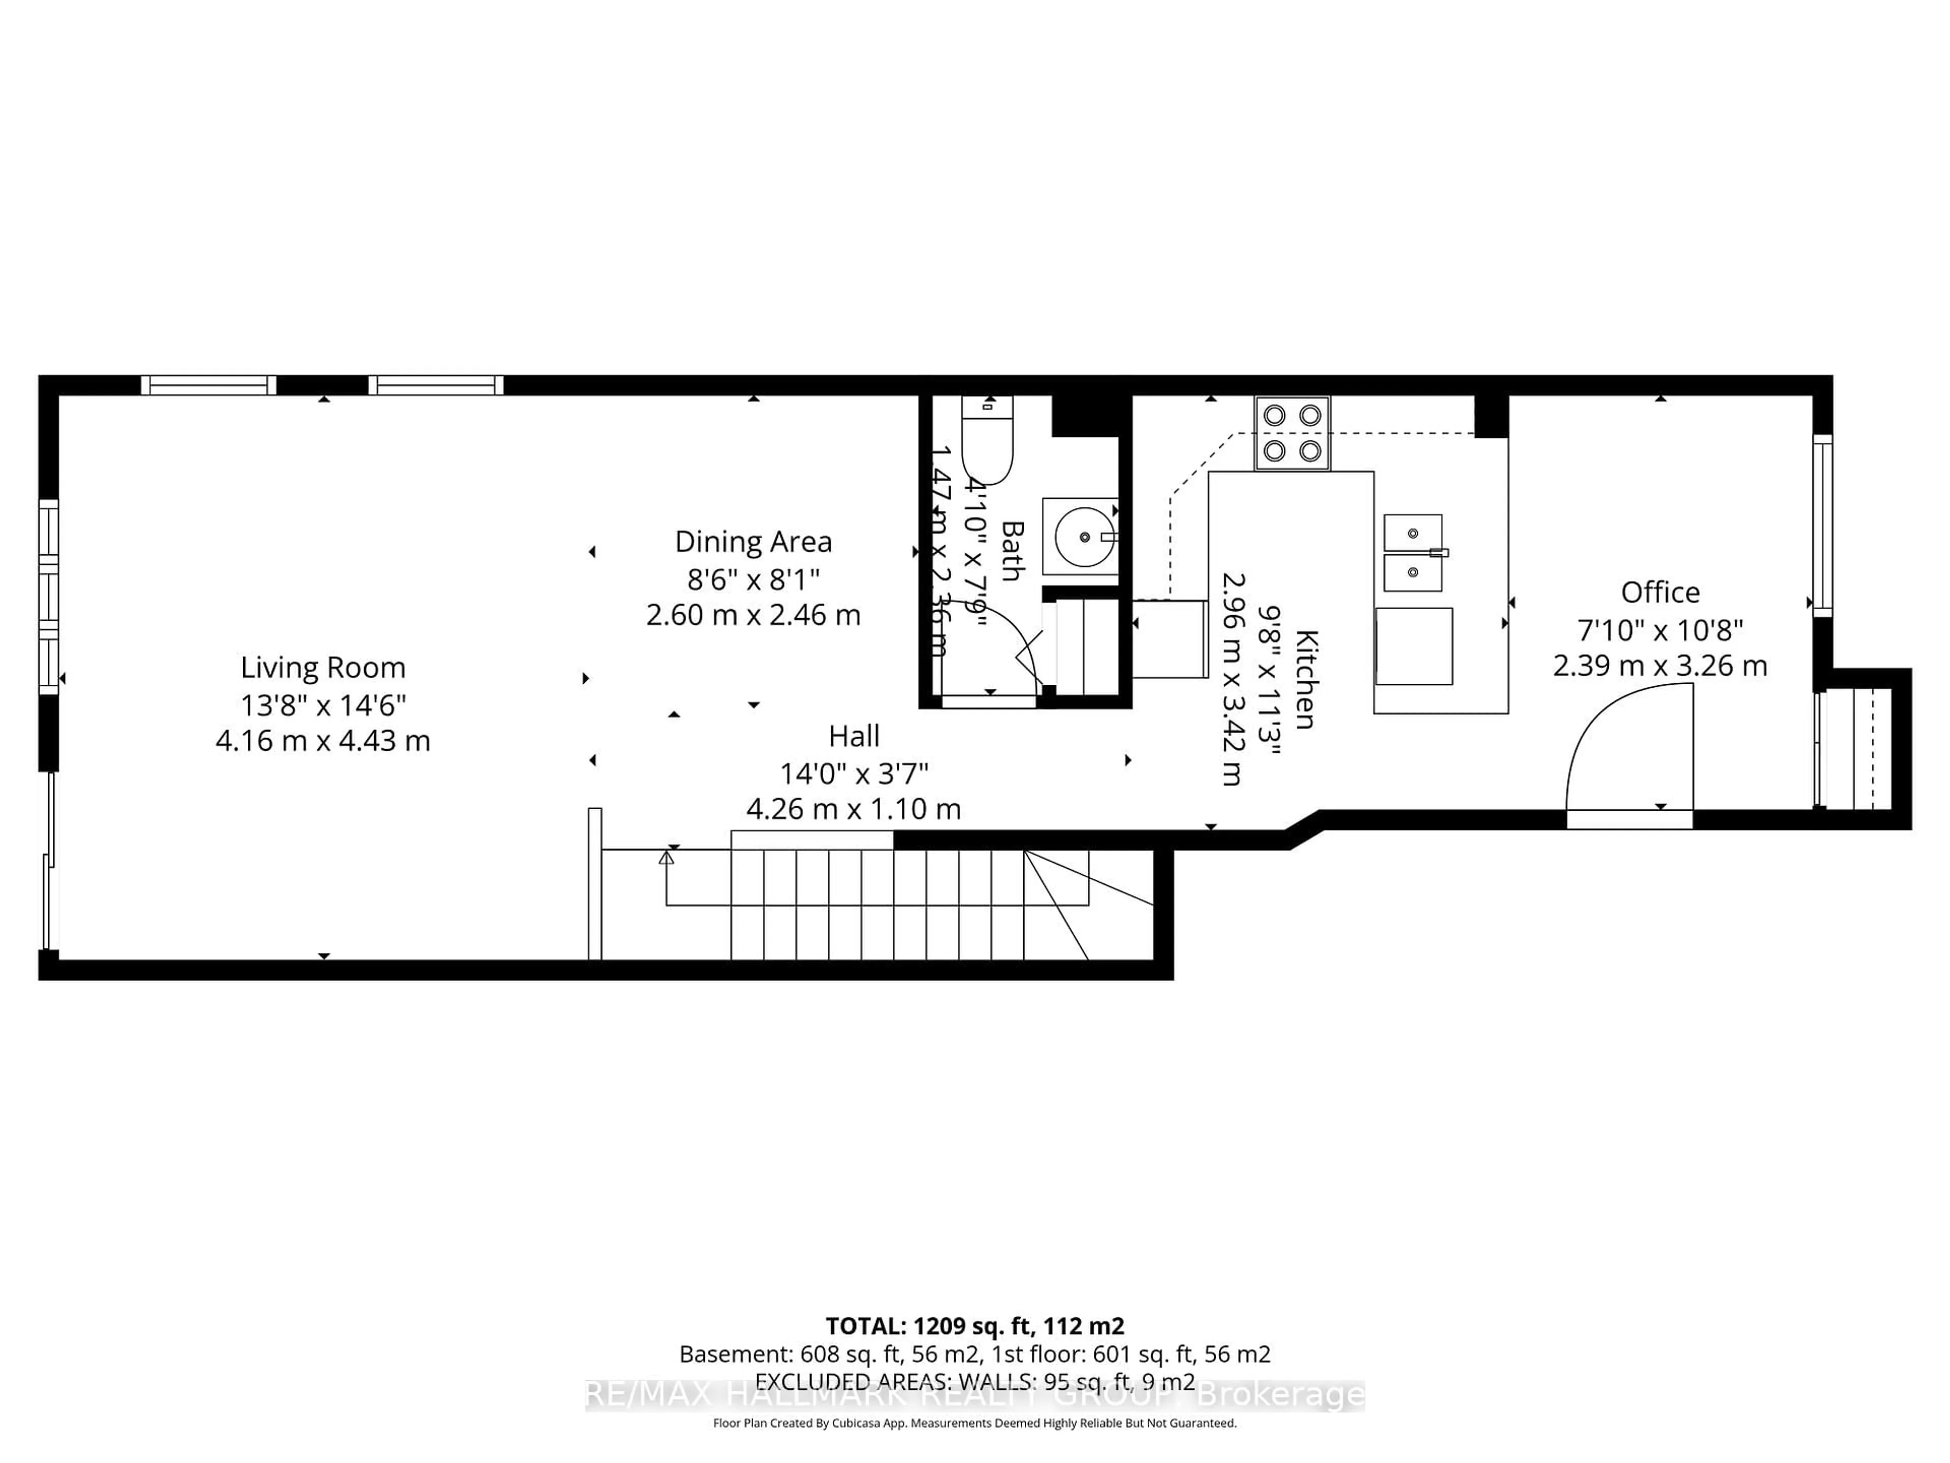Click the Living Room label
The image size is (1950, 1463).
tap(322, 667)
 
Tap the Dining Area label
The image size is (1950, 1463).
tap(753, 542)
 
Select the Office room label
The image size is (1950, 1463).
tap(1660, 592)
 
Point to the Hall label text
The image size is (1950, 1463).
tap(853, 736)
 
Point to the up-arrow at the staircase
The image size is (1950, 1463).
tap(666, 856)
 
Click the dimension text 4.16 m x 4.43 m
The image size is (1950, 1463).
tap(322, 741)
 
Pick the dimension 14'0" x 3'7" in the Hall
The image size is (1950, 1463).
tap(853, 773)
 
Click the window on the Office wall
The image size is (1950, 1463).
tap(1822, 525)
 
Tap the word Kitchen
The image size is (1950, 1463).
tap(1306, 679)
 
